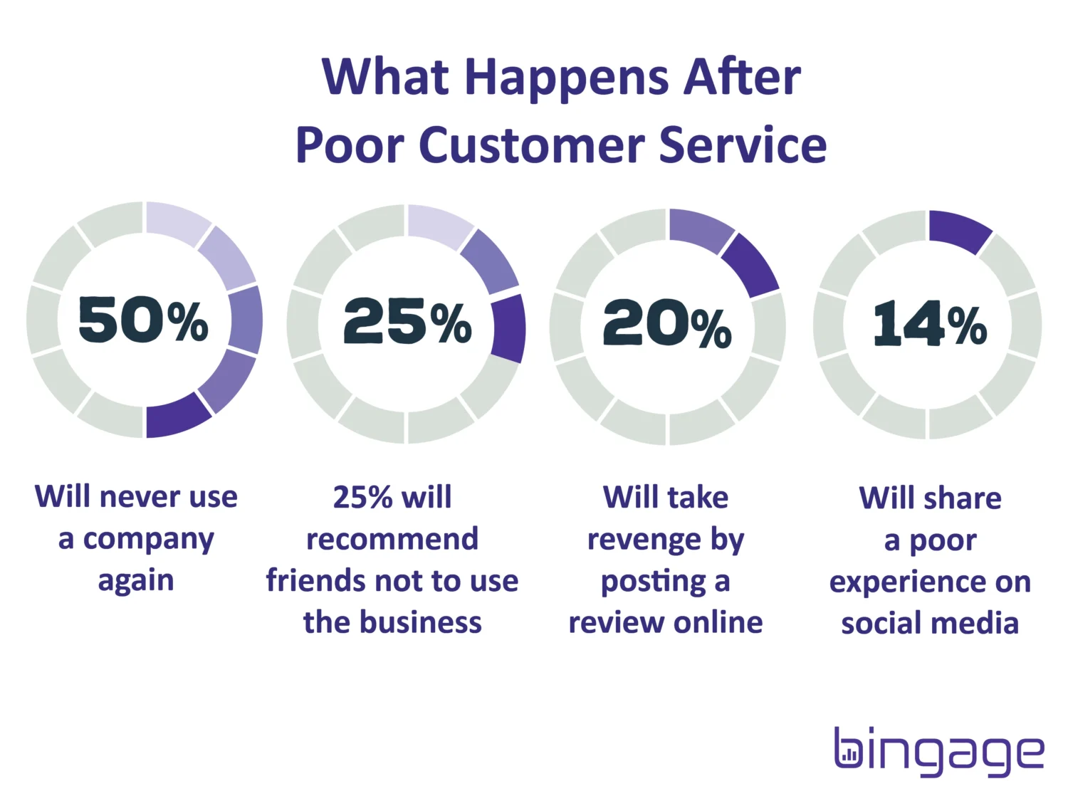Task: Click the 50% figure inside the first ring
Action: [144, 320]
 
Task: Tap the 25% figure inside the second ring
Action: [408, 322]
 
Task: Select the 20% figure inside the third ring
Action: [667, 323]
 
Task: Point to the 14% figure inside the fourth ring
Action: [930, 323]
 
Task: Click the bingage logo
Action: [939, 752]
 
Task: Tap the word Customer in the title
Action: [531, 145]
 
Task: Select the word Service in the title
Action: [743, 145]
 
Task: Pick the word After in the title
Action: [742, 76]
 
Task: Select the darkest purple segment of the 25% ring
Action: [508, 329]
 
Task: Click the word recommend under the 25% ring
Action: [392, 539]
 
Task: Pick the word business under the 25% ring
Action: [420, 622]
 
